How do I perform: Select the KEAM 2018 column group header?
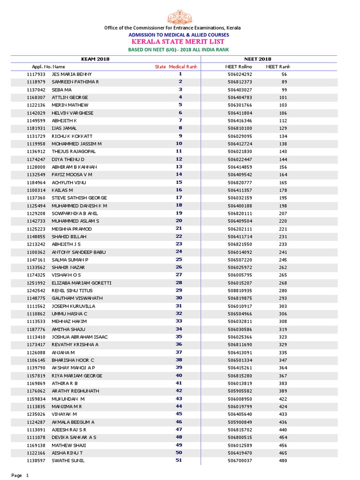[95, 59]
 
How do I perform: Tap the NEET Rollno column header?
[239, 67]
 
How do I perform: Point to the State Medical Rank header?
[176, 67]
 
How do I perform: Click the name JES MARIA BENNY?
[72, 74]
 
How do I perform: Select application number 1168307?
[36, 97]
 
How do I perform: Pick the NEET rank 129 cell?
[283, 128]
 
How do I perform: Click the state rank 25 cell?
[179, 260]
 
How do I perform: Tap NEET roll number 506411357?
[240, 190]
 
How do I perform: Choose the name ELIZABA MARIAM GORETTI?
[82, 283]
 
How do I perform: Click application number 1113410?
[36, 337]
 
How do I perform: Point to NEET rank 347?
[283, 360]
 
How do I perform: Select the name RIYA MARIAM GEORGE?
[77, 375]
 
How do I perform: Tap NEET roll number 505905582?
[240, 391]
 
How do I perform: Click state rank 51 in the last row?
[179, 461]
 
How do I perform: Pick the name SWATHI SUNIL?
[68, 461]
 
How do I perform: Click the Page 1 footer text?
[20, 475]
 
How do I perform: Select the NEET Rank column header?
[278, 67]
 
